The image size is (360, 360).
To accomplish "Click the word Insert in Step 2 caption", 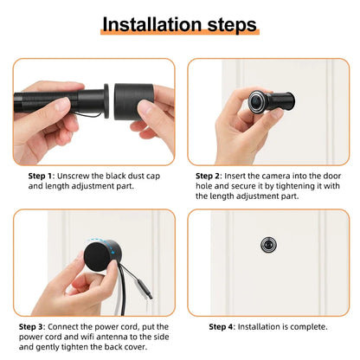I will (x=245, y=175).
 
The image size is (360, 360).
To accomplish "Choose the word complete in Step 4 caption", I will (x=306, y=327).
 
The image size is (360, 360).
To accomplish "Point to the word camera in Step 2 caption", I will (x=286, y=175).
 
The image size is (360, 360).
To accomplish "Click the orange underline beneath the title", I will (x=179, y=35).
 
